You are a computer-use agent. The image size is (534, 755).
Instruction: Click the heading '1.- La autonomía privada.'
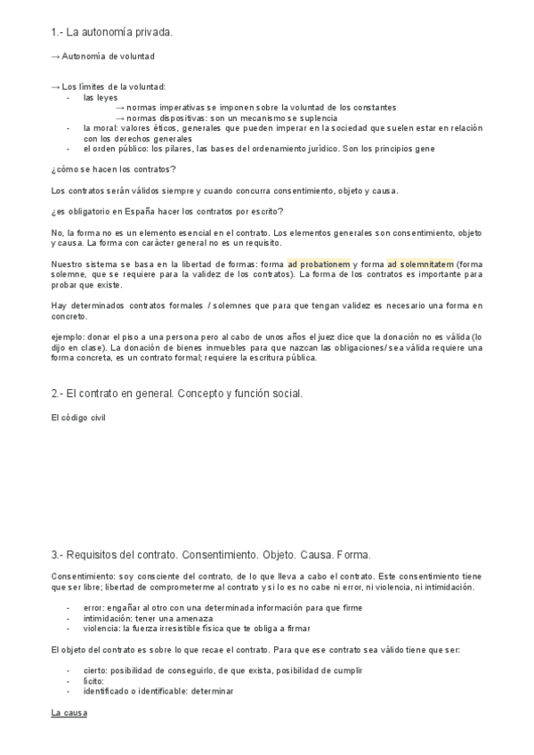pyautogui.click(x=111, y=33)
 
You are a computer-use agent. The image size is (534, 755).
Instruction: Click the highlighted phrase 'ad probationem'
pyautogui.click(x=319, y=264)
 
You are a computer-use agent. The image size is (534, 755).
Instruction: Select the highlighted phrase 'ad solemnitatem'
pyautogui.click(x=420, y=264)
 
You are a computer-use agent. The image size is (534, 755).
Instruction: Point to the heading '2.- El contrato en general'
pyautogui.click(x=177, y=394)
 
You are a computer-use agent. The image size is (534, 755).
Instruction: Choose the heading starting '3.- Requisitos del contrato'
pyautogui.click(x=211, y=554)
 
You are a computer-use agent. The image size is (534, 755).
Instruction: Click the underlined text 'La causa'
pyautogui.click(x=69, y=714)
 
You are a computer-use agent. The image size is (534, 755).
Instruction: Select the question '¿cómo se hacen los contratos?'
pyautogui.click(x=113, y=169)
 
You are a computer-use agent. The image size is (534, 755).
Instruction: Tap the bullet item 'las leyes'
pyautogui.click(x=101, y=97)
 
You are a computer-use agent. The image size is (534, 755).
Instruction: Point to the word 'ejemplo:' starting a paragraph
pyautogui.click(x=69, y=338)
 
